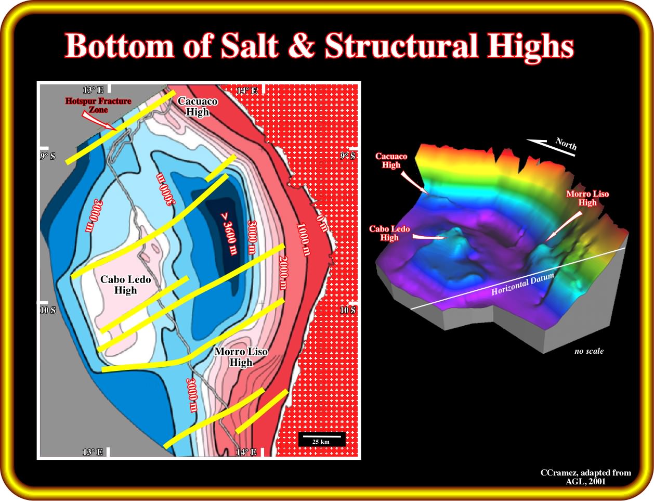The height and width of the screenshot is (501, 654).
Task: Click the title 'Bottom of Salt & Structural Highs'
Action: tap(319, 46)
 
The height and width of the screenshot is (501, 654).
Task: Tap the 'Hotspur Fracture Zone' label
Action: tap(98, 105)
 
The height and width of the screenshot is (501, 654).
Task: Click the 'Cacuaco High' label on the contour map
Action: tap(198, 106)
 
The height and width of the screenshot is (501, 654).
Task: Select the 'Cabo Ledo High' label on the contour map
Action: tap(125, 285)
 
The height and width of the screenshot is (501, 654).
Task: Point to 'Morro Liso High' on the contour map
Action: tap(241, 356)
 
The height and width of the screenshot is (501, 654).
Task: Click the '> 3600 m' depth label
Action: tap(229, 234)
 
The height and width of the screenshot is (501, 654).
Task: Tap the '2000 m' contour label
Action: tap(283, 273)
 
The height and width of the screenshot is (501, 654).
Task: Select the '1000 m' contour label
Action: tap(304, 239)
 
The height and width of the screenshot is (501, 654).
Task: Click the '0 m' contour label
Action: tap(321, 223)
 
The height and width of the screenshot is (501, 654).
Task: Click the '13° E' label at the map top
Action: tap(93, 90)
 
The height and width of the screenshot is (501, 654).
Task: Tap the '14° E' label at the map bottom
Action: tap(246, 452)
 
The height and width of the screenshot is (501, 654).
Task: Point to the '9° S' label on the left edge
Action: tap(48, 156)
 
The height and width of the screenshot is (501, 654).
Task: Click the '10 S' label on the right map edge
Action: tap(348, 310)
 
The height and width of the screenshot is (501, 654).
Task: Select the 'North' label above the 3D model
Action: tap(566, 144)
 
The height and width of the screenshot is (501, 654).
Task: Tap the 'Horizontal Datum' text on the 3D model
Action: tap(523, 284)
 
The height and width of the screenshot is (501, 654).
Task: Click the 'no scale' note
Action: tap(589, 351)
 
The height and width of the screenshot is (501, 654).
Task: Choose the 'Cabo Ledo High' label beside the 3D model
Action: tap(389, 233)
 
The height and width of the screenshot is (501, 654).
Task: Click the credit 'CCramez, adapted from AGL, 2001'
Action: tap(586, 477)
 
